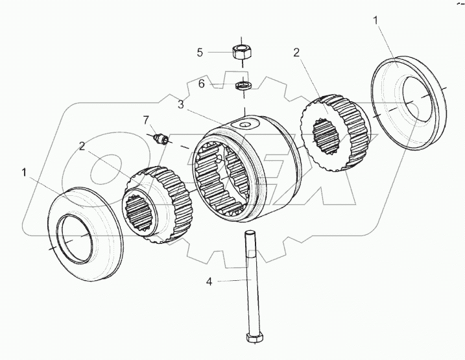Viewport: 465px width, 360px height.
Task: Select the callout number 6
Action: (x=201, y=84)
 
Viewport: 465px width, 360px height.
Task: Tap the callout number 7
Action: (x=145, y=119)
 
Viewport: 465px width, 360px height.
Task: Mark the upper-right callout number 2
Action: (x=296, y=52)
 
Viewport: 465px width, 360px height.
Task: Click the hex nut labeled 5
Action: (x=242, y=52)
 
